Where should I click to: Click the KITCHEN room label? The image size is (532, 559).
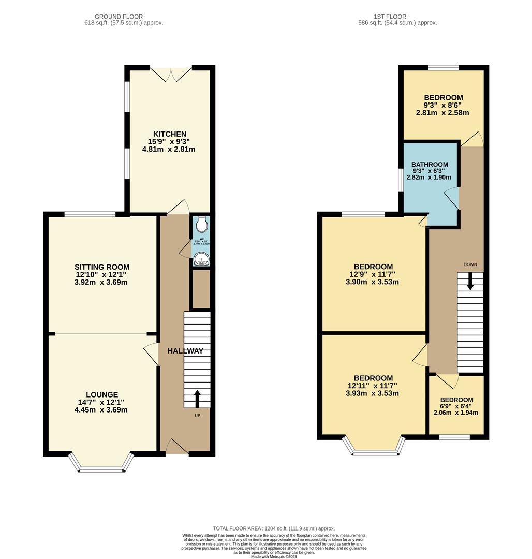click(170, 134)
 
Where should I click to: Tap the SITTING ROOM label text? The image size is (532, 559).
click(101, 267)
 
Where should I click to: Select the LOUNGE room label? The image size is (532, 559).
click(102, 394)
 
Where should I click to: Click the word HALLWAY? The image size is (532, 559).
click(185, 351)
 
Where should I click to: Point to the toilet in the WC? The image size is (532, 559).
click(202, 225)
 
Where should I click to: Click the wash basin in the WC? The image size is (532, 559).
click(201, 259)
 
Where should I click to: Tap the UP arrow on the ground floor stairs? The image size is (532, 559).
click(197, 399)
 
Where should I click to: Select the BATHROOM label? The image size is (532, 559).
click(431, 165)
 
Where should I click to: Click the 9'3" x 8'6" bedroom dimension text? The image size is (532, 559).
click(442, 105)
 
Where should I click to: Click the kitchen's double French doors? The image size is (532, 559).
click(171, 74)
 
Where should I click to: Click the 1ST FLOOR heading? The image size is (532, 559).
click(397, 17)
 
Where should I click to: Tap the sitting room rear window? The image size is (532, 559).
click(90, 214)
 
